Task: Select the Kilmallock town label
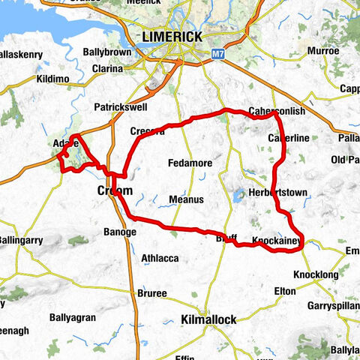(x=208, y=320)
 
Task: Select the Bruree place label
(x=151, y=293)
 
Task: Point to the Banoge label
(x=120, y=232)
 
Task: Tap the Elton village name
(x=285, y=290)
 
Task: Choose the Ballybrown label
(x=107, y=52)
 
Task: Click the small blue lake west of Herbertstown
(x=237, y=197)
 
